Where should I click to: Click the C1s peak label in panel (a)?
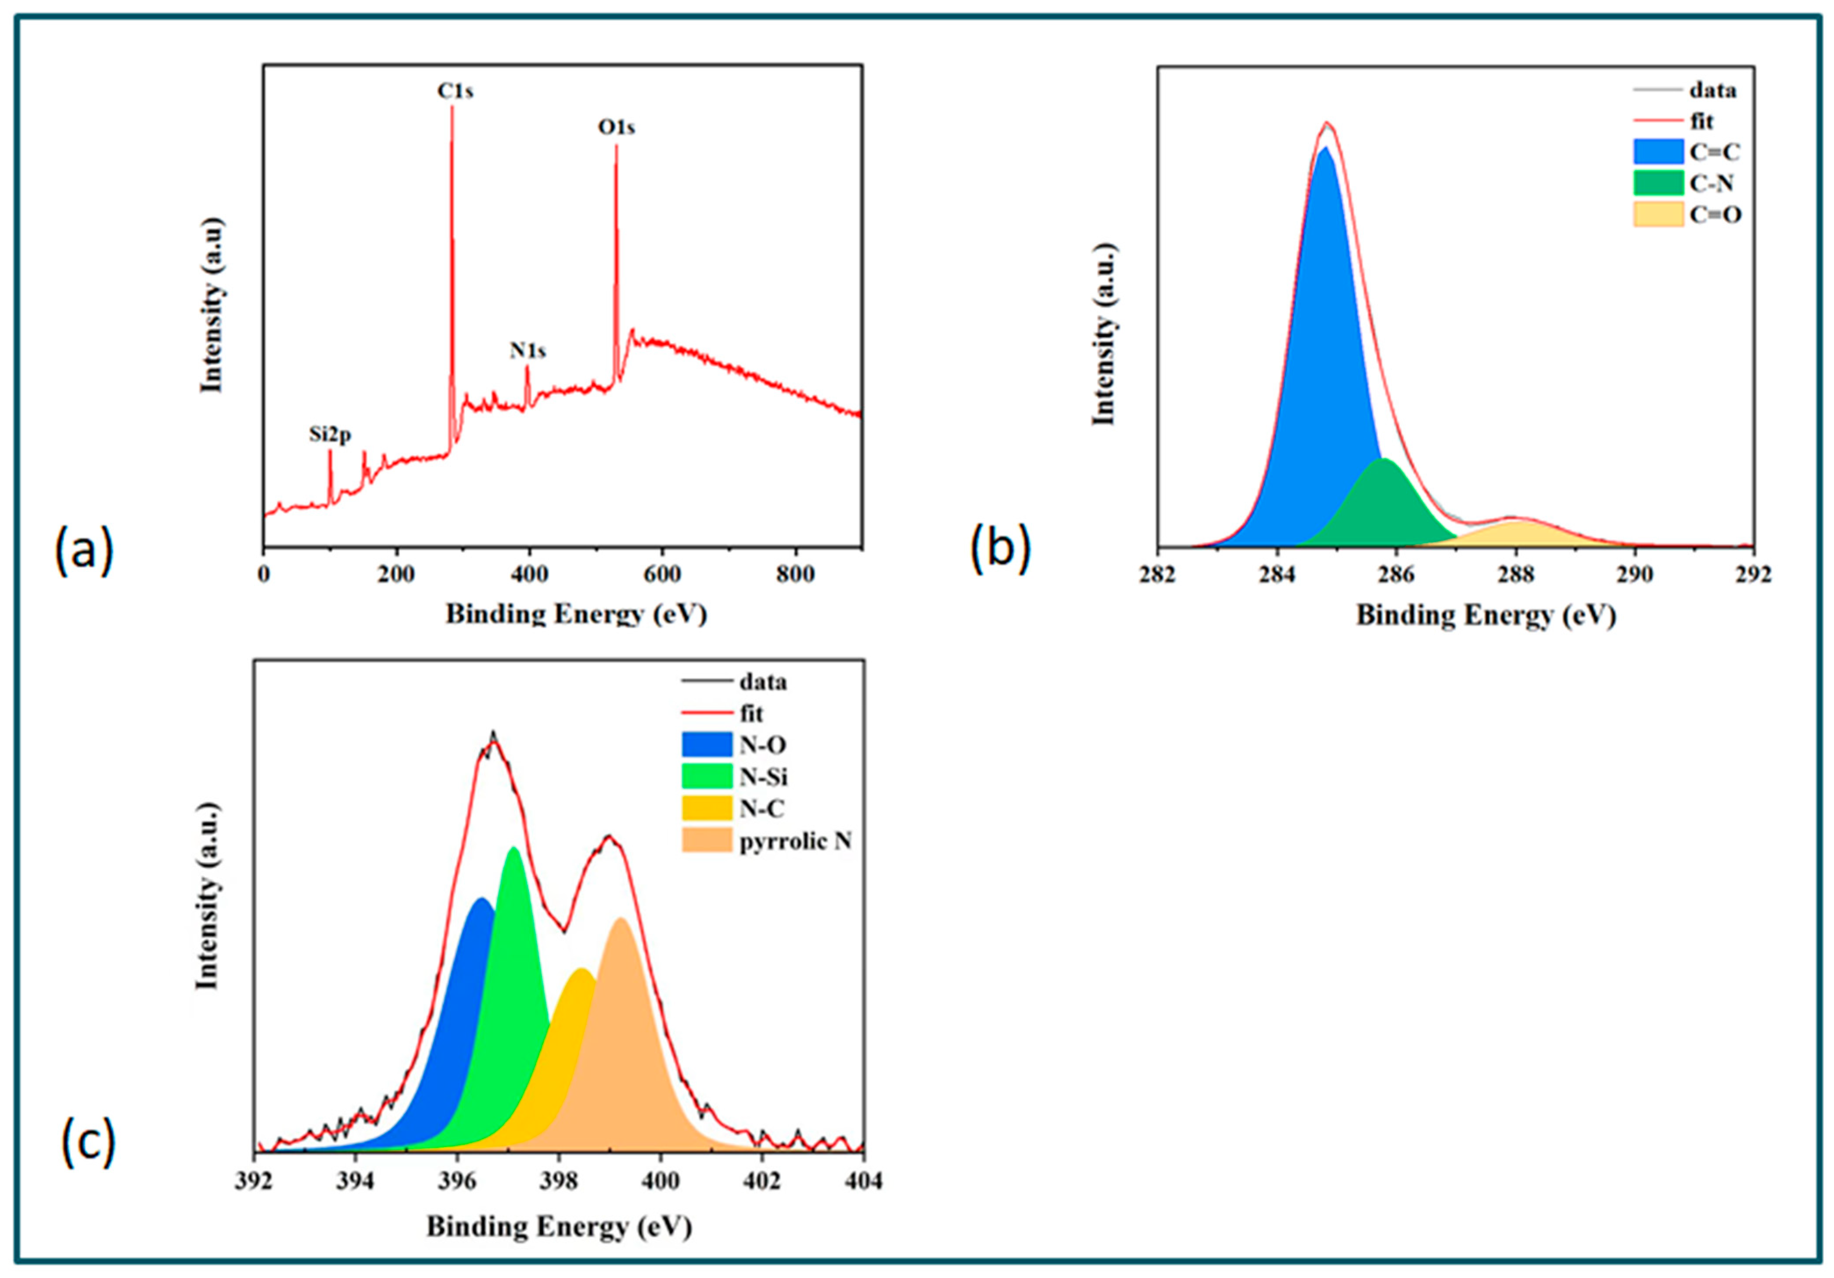(x=455, y=92)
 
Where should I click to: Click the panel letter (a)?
(x=84, y=552)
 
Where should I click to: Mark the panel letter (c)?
(x=88, y=1142)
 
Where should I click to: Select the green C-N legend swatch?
(x=1658, y=183)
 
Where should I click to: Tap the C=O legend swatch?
(x=1658, y=214)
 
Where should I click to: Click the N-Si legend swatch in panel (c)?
(x=706, y=777)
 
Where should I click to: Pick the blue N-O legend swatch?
(x=706, y=745)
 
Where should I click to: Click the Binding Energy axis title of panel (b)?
(x=1486, y=615)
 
